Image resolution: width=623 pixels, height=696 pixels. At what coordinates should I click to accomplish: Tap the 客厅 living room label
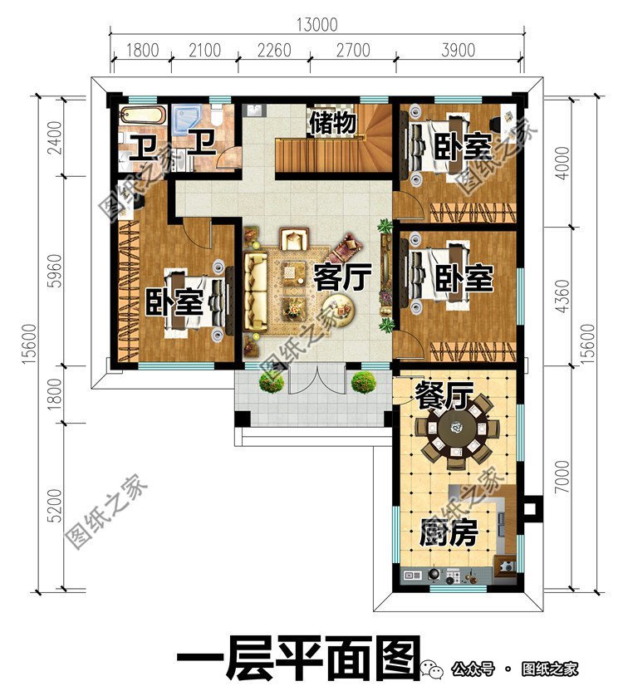point(341,277)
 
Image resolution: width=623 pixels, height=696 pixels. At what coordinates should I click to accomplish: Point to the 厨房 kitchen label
point(449,532)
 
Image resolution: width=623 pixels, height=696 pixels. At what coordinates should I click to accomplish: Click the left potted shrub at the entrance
point(268,381)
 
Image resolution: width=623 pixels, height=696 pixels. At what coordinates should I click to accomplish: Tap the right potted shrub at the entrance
point(362,381)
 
